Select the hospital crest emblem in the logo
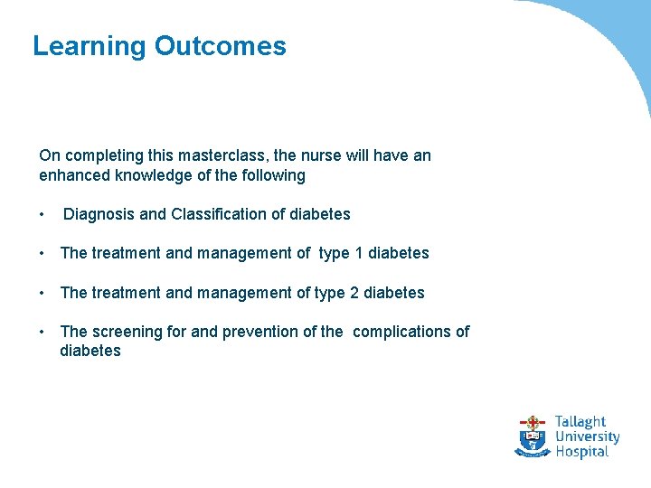533,436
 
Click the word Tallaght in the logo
580,422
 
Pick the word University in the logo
587,437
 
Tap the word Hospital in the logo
581,452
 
